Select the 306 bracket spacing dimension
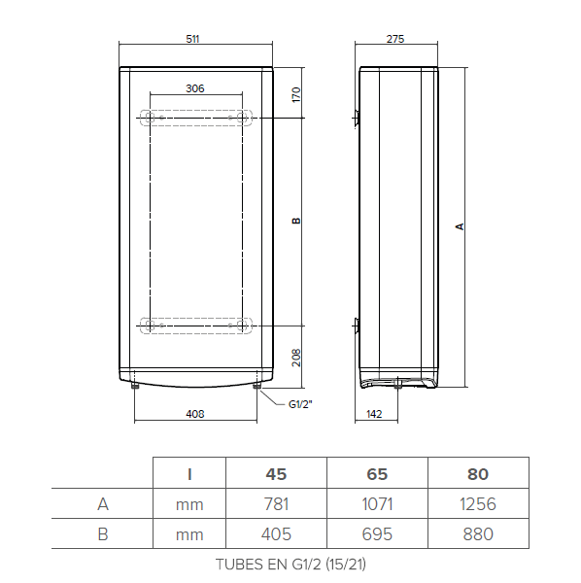pos(194,88)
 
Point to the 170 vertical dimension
pos(297,94)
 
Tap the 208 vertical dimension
pos(297,358)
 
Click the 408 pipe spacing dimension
pos(194,414)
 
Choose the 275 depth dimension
pos(395,39)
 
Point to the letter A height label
pos(461,226)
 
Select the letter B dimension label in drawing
pos(297,221)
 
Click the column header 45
pos(276,474)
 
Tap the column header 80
pos(478,474)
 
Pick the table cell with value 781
pos(276,504)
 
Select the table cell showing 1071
pos(377,504)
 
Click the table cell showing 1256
pos(478,504)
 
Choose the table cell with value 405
pos(276,533)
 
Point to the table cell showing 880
pos(478,533)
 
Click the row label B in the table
pos(102,533)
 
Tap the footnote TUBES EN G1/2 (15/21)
pos(290,563)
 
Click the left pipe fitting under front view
pos(134,388)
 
